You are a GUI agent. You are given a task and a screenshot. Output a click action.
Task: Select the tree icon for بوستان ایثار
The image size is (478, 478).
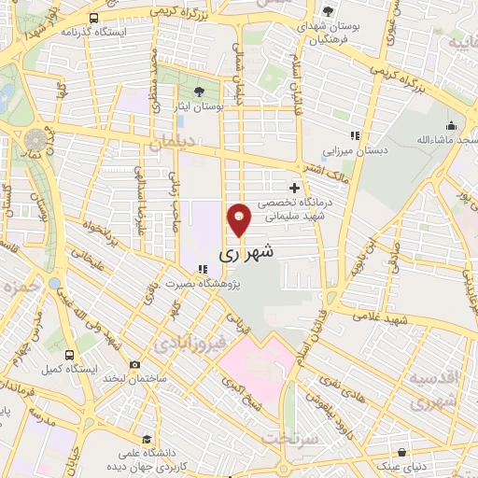[x=199, y=91]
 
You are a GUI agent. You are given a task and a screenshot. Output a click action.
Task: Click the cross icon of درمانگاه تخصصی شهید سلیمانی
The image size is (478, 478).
[x=295, y=188]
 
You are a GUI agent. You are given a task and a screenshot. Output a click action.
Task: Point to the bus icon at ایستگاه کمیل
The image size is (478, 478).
[x=69, y=355]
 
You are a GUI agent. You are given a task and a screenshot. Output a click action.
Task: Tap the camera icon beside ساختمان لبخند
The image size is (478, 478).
[x=135, y=364]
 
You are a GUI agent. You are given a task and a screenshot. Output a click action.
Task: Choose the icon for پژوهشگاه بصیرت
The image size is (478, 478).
[x=203, y=269]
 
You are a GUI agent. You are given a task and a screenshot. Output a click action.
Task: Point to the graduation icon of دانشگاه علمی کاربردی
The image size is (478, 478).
[x=145, y=436]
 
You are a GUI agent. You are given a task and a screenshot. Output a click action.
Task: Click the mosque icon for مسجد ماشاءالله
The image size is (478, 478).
[x=452, y=126]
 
